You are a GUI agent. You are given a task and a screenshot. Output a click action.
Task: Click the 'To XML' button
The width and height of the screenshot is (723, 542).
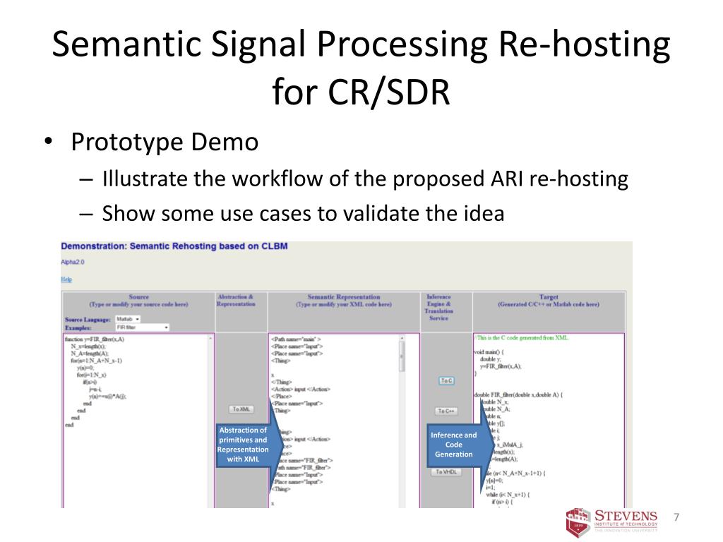[x=241, y=409]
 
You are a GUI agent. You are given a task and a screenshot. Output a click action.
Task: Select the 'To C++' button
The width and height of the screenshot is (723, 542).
[x=446, y=411]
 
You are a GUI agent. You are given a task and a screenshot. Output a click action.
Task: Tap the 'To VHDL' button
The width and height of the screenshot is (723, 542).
[x=446, y=471]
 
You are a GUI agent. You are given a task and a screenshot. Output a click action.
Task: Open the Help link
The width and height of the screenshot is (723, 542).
[x=66, y=279]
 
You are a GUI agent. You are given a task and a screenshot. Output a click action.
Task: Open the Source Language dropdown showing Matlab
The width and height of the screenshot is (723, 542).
[x=128, y=319]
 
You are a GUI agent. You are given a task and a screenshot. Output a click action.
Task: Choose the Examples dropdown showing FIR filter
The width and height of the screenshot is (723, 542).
[x=142, y=327]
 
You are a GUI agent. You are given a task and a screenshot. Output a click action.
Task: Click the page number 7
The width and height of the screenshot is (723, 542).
[x=676, y=518]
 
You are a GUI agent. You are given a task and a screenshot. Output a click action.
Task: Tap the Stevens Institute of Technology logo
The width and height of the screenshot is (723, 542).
[x=613, y=521]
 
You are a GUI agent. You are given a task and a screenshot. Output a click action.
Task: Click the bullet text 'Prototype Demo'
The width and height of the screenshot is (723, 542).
[x=165, y=143]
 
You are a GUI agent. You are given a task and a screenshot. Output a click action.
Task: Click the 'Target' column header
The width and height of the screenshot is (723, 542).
[x=548, y=297]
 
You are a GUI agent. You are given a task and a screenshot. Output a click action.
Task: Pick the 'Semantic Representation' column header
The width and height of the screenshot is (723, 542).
[x=344, y=297]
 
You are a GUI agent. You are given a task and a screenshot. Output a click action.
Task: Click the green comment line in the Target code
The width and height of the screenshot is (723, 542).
[x=522, y=338]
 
